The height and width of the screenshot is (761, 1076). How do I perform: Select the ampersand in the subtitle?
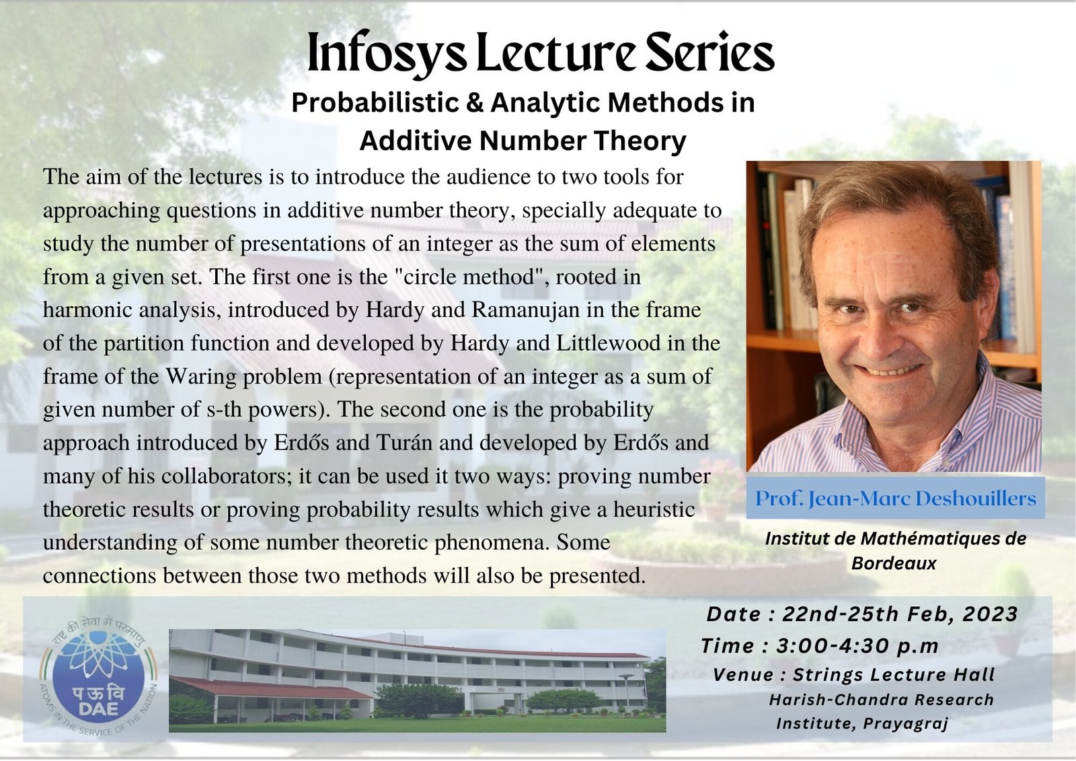(474, 102)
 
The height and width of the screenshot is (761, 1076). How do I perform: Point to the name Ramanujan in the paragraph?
(525, 310)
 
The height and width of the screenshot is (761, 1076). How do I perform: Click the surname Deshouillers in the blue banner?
(976, 499)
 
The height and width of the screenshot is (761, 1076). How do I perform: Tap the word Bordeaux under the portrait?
(894, 563)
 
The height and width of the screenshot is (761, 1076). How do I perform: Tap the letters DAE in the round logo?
(98, 708)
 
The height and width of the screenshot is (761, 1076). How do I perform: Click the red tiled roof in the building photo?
(269, 688)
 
